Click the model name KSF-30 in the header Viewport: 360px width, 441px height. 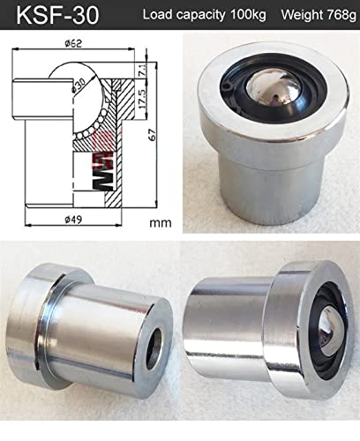click(57, 15)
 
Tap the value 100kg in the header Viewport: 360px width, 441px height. click(249, 14)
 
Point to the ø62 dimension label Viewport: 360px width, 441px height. click(73, 43)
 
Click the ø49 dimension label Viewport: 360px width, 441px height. click(73, 220)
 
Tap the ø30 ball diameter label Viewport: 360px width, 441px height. click(79, 86)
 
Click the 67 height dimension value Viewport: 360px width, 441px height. click(153, 134)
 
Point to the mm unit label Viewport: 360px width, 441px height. click(161, 222)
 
